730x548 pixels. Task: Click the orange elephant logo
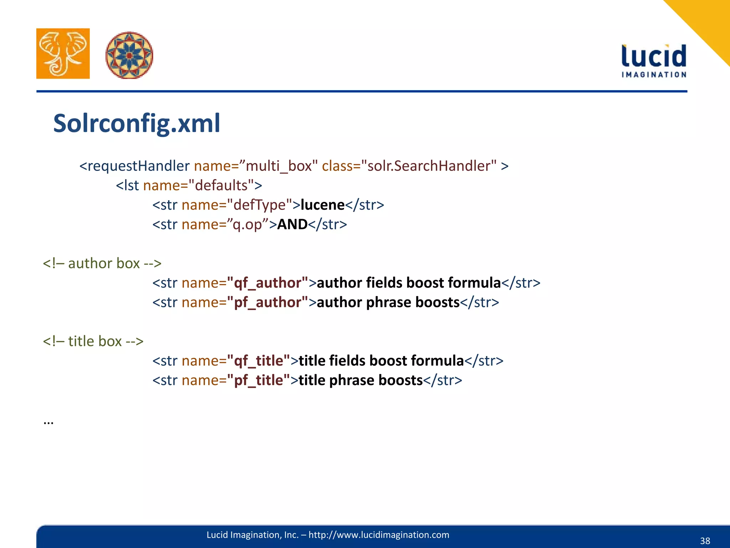pyautogui.click(x=63, y=54)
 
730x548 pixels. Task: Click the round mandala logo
pyautogui.click(x=129, y=55)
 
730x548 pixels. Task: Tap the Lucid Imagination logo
pyautogui.click(x=654, y=61)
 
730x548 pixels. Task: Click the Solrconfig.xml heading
pyautogui.click(x=137, y=123)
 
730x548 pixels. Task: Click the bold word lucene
pyautogui.click(x=323, y=205)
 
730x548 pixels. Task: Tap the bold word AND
pyautogui.click(x=292, y=224)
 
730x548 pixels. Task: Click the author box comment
pyautogui.click(x=102, y=263)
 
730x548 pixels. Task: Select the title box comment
pyautogui.click(x=93, y=341)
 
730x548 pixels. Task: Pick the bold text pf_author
pyautogui.click(x=267, y=302)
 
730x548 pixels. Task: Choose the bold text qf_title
pyautogui.click(x=258, y=361)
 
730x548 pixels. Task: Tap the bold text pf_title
pyautogui.click(x=258, y=380)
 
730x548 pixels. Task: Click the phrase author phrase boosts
pyautogui.click(x=388, y=302)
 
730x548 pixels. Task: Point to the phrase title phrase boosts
pyautogui.click(x=361, y=380)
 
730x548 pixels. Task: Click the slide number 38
pyautogui.click(x=705, y=541)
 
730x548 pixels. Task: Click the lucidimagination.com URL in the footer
pyautogui.click(x=379, y=535)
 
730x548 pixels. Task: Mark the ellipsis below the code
pyautogui.click(x=48, y=422)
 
